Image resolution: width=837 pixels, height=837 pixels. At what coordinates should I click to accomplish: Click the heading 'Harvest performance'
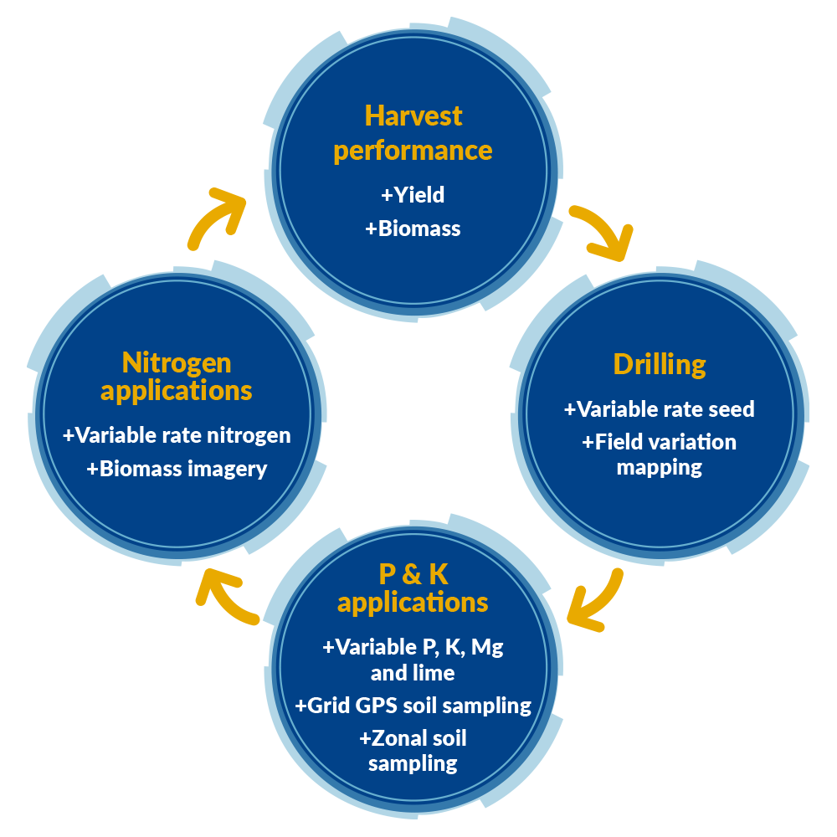(x=413, y=133)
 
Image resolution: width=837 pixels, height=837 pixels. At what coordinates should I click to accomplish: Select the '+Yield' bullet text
(x=413, y=195)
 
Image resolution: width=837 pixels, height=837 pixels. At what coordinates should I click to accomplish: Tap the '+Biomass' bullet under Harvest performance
(x=413, y=229)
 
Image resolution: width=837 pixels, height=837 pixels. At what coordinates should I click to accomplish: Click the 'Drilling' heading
(x=660, y=365)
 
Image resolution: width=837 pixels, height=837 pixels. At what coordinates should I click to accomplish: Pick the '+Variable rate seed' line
(x=660, y=409)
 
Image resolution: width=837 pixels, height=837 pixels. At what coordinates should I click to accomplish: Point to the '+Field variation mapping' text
(x=660, y=454)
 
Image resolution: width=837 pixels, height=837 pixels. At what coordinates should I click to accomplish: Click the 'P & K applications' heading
(x=413, y=588)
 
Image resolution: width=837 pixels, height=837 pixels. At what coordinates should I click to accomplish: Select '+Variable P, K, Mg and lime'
(x=413, y=660)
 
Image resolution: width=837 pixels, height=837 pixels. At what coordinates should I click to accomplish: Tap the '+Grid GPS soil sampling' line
(x=413, y=706)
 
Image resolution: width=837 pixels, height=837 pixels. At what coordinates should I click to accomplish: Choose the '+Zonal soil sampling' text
(x=413, y=751)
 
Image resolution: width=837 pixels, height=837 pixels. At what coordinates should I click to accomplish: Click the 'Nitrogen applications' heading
(x=176, y=377)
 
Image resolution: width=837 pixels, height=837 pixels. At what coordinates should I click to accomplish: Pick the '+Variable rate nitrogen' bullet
(x=177, y=435)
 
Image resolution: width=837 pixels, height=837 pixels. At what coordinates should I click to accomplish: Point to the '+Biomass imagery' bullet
(x=177, y=469)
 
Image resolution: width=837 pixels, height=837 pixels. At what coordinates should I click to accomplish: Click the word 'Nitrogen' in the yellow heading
(x=176, y=362)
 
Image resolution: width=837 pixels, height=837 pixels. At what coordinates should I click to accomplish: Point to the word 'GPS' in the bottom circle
(x=368, y=706)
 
